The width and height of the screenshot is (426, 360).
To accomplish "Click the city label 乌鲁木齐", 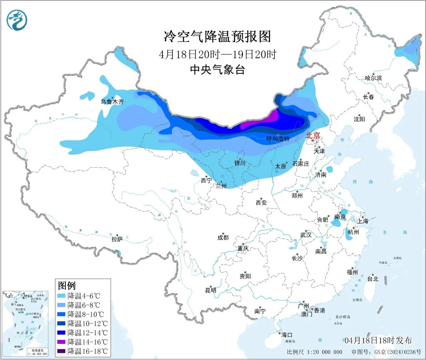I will tap(112, 102).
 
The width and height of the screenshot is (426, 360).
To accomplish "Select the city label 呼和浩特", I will tap(278, 139).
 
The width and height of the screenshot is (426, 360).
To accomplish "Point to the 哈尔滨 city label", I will tap(373, 78).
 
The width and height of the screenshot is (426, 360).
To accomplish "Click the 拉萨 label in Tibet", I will tap(117, 239).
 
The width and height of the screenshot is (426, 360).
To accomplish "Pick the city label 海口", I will tap(286, 335).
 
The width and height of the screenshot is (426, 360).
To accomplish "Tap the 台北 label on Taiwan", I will tap(372, 279).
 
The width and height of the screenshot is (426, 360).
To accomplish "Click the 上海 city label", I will tap(363, 221).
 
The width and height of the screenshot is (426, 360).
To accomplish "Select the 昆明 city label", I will tap(211, 290).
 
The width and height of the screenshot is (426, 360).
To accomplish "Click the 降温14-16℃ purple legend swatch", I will tap(62, 342).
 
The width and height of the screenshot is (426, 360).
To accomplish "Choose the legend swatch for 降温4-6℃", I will tap(62, 296).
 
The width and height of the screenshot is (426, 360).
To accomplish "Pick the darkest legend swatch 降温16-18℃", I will tap(62, 351).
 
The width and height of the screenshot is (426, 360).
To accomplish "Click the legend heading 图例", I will tap(67, 285).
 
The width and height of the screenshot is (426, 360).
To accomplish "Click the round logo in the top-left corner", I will tap(17, 20).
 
